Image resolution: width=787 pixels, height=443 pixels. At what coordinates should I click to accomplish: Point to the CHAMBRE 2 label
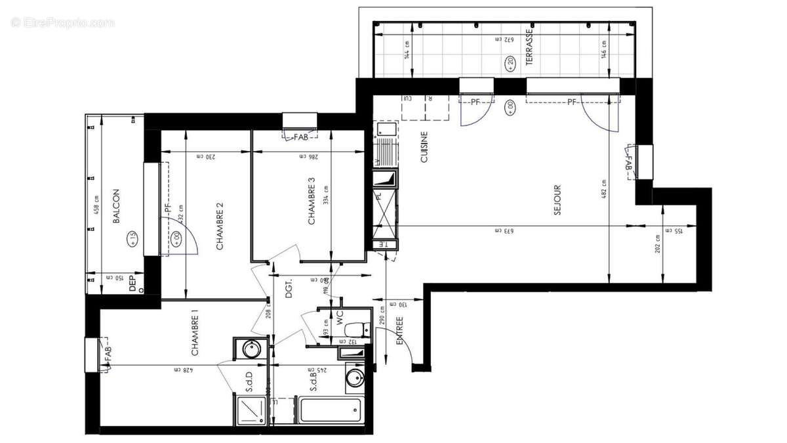tap(220, 226)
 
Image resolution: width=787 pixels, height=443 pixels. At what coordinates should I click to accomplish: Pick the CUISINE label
tap(424, 148)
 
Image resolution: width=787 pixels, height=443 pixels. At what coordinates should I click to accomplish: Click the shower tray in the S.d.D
tap(251, 410)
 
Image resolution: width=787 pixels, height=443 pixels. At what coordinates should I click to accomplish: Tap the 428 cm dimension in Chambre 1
tap(177, 371)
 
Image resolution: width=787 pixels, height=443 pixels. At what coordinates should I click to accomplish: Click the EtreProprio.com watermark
tap(62, 23)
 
